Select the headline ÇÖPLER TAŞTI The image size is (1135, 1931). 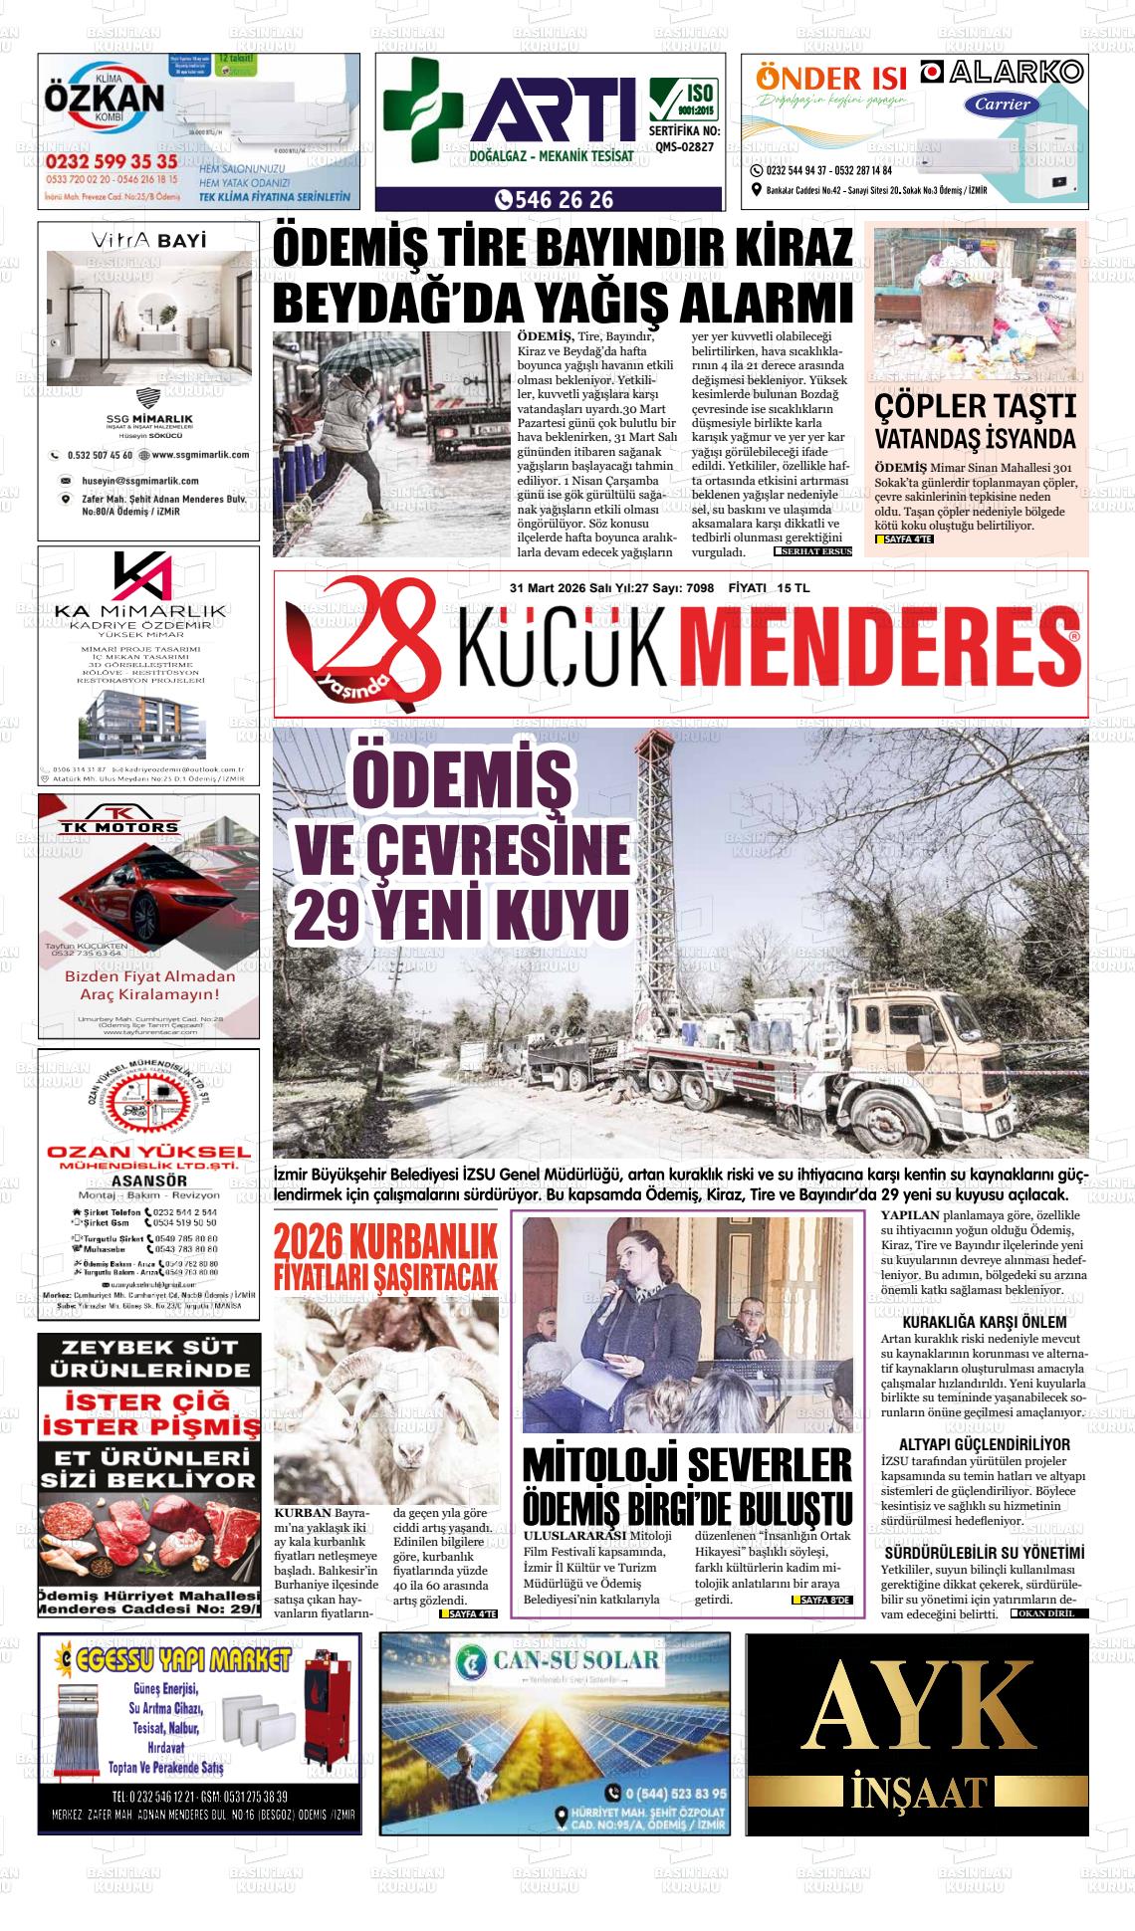tap(975, 406)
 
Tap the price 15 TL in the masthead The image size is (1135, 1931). tap(794, 588)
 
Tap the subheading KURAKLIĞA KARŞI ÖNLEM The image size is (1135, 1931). tap(984, 1322)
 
